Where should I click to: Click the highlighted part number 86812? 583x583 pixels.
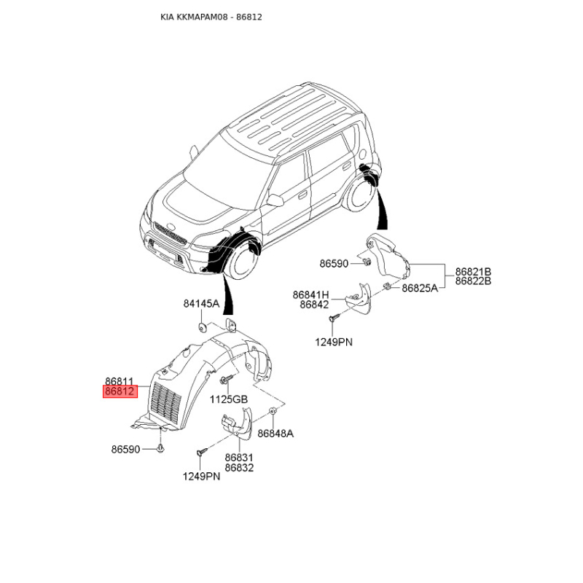click(x=120, y=391)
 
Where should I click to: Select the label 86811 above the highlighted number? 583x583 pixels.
click(x=120, y=381)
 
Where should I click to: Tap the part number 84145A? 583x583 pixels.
click(x=202, y=304)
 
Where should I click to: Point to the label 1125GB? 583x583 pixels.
click(x=229, y=399)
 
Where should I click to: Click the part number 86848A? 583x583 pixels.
click(x=275, y=434)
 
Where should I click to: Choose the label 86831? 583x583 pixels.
click(x=239, y=458)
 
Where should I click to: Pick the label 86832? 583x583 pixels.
click(x=240, y=468)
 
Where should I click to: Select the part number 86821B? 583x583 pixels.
click(x=473, y=271)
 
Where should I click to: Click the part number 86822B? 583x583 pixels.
click(x=473, y=281)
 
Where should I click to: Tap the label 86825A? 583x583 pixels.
click(x=420, y=288)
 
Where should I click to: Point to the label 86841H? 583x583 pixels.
click(x=311, y=295)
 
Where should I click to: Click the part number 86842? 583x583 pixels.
click(x=315, y=305)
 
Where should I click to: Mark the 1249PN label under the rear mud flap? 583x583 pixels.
click(x=334, y=342)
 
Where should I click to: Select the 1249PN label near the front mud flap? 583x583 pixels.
click(x=202, y=477)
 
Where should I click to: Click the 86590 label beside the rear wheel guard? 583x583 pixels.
click(x=334, y=264)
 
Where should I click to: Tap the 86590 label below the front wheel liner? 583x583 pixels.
click(x=125, y=450)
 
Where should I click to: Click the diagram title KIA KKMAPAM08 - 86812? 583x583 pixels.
click(x=211, y=17)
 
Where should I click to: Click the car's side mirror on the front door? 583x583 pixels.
click(x=275, y=200)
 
